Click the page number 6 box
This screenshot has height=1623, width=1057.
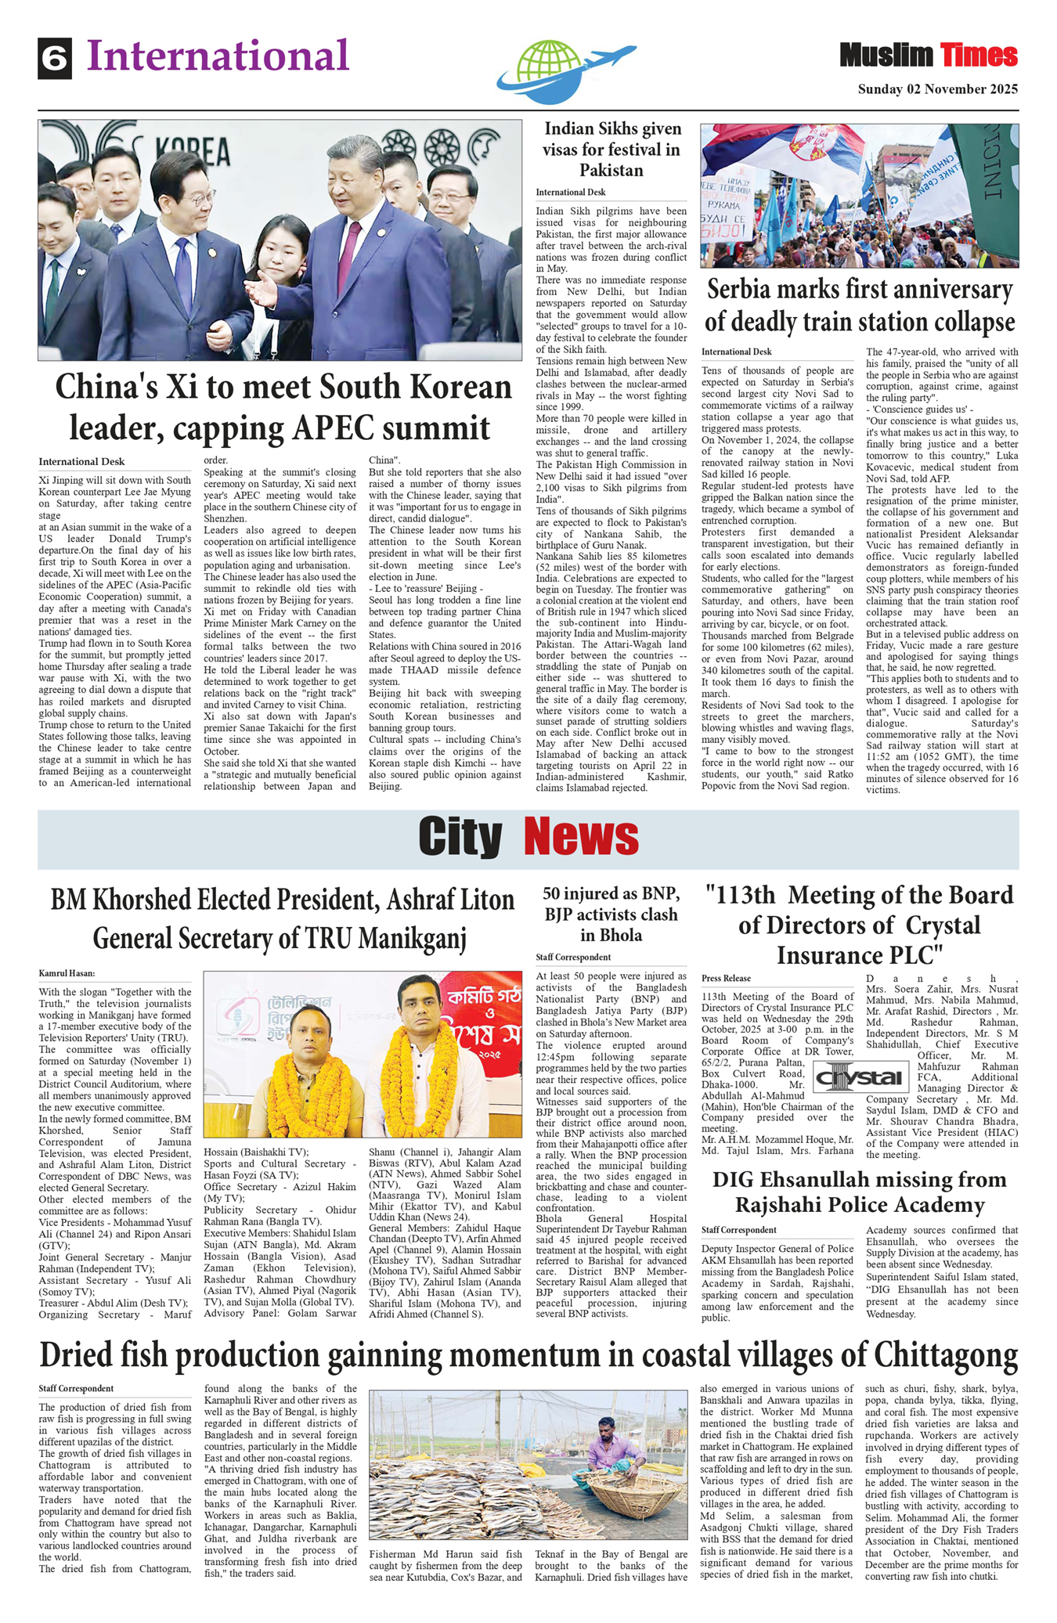(x=55, y=59)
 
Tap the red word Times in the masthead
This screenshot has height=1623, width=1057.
(x=979, y=56)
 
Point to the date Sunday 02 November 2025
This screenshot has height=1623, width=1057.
(x=937, y=89)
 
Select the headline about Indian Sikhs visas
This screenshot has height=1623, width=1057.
(x=611, y=149)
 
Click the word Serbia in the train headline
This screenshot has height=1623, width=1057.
(x=751, y=290)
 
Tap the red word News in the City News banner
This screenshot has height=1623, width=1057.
(x=581, y=837)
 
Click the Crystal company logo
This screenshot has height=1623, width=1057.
(x=859, y=1077)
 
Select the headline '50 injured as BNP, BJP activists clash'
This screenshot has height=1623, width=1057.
(x=611, y=914)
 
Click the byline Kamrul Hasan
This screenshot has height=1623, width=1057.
(x=67, y=973)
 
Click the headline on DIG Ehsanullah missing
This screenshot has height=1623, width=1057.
(x=859, y=1192)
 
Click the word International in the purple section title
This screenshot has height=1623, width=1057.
(x=218, y=56)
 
